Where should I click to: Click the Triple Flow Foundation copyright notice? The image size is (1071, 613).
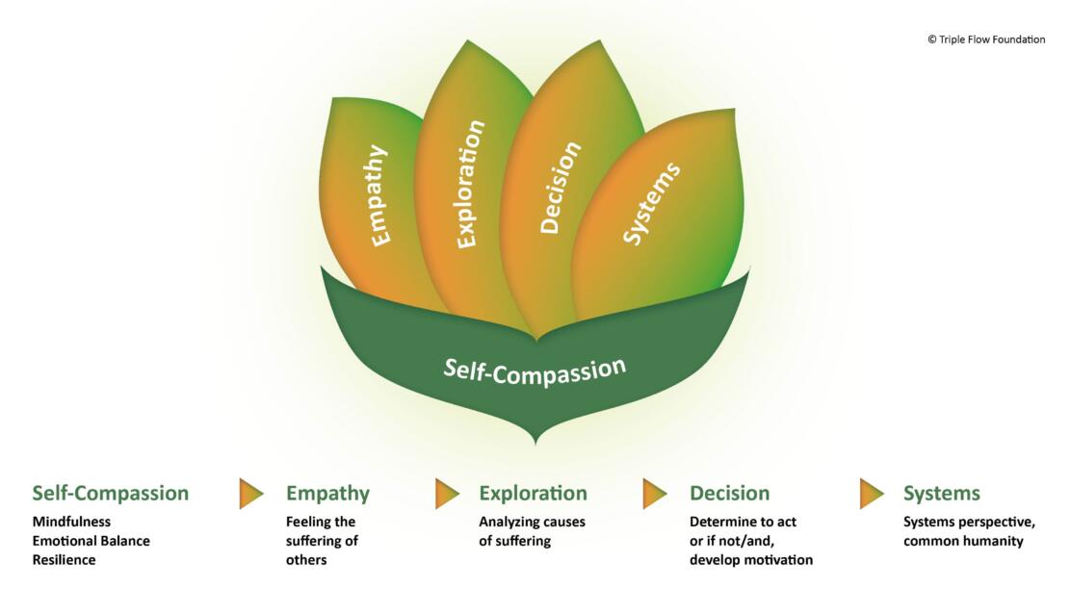point(985,39)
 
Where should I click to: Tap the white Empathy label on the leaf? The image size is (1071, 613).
point(379,195)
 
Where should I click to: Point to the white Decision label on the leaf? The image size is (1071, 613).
point(561,187)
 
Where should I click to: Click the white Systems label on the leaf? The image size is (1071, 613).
point(651,203)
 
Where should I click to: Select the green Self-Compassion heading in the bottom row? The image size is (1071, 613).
point(110,493)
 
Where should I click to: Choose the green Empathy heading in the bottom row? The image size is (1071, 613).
point(327,493)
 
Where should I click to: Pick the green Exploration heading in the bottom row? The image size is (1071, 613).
point(533,493)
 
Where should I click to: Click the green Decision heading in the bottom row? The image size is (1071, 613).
point(729,493)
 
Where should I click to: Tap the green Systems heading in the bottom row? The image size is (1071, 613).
point(941,493)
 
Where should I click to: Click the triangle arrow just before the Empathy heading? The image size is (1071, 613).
point(250,493)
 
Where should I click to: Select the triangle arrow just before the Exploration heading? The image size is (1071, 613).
point(447,493)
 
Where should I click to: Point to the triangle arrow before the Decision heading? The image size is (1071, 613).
point(654,493)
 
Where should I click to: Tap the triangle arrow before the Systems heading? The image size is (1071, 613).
point(871,493)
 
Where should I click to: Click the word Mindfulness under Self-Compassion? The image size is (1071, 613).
point(71,522)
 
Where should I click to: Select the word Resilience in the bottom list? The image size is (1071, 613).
point(64,559)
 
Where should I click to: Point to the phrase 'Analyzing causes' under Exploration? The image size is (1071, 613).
point(532,522)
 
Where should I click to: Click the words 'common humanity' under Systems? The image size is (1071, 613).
point(962,541)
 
